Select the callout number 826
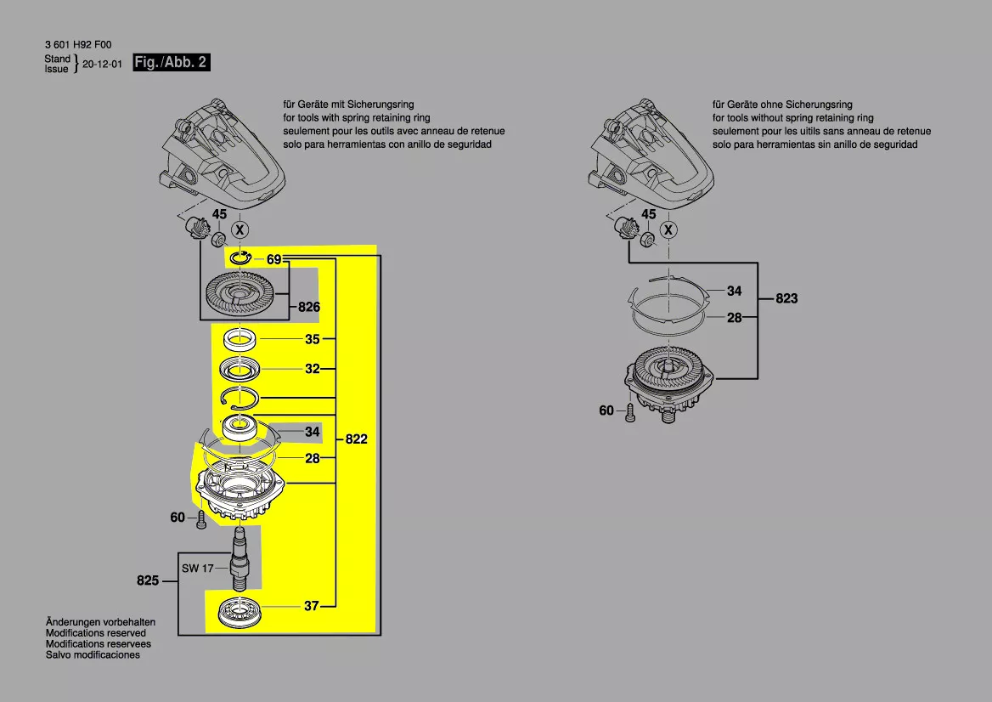click(x=308, y=307)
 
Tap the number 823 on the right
click(x=786, y=298)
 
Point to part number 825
click(x=148, y=581)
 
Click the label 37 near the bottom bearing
click(x=312, y=606)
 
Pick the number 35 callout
click(x=312, y=339)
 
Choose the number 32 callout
click(x=312, y=369)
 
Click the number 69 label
click(x=273, y=259)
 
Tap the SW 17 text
click(x=197, y=568)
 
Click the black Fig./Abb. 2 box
click(x=172, y=63)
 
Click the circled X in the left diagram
click(x=240, y=229)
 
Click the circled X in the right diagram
click(x=670, y=229)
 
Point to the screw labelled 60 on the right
click(x=630, y=414)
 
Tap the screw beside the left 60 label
click(x=201, y=520)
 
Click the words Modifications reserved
click(x=96, y=633)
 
